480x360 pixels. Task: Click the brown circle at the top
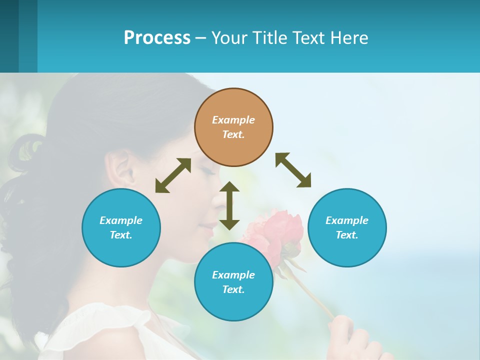tap(233, 127)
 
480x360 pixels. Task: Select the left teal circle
tap(121, 227)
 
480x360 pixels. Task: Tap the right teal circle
tap(347, 227)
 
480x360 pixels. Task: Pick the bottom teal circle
tap(233, 282)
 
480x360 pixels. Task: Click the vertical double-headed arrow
tap(229, 205)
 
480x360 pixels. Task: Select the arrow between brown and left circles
tap(173, 175)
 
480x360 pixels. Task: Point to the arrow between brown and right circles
tap(293, 170)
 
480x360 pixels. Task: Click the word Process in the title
tap(157, 37)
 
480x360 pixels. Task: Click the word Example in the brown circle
tap(233, 120)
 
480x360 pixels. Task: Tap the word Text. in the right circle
tap(347, 235)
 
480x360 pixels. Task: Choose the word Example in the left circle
tap(121, 220)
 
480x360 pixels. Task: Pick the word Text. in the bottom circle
tap(233, 289)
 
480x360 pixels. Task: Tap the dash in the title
tap(201, 38)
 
